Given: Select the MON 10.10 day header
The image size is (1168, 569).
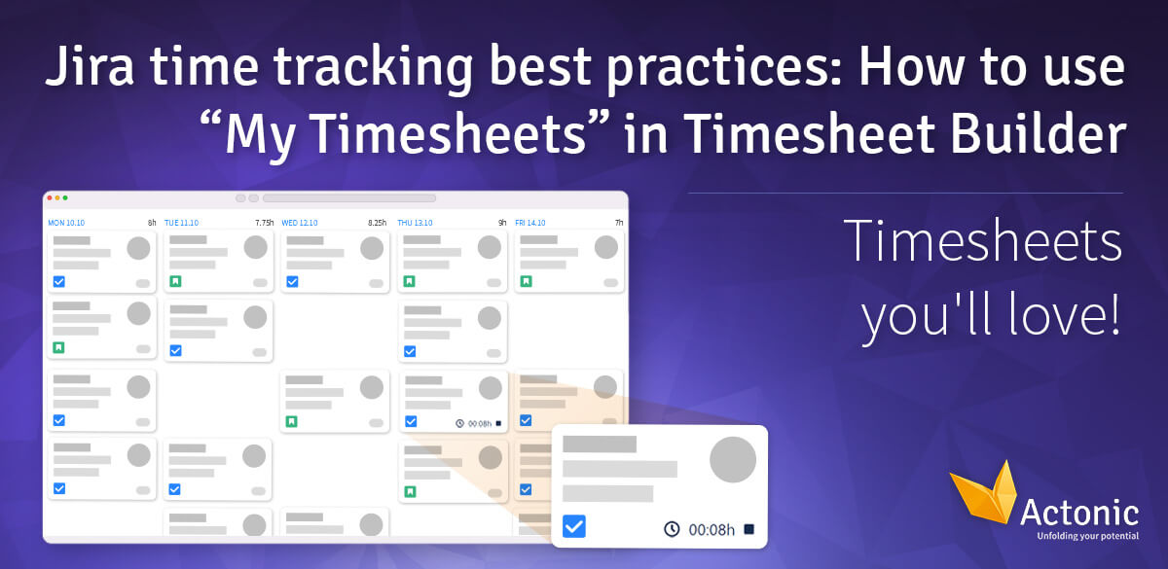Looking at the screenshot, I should pos(66,223).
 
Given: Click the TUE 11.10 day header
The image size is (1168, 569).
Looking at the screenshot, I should pos(181,223).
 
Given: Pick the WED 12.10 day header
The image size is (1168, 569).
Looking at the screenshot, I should pos(299,223).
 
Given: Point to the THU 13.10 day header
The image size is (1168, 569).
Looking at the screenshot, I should pos(415,223).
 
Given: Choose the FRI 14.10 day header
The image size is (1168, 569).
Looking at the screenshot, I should pos(530,223).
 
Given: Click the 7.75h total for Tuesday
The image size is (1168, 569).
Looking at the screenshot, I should pos(265,223).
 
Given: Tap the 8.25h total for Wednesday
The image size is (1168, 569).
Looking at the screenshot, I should pos(379,223).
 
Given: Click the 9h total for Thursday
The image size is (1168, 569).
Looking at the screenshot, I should pos(502,223).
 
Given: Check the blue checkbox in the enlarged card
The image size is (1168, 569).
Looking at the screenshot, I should pos(574,527).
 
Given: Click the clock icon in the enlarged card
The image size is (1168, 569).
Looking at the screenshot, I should pos(672,529).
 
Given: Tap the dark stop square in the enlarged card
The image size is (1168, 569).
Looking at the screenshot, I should pos(748,529).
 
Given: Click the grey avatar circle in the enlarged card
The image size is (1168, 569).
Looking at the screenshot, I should pos(733,460).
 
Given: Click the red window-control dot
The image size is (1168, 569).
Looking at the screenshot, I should pos(50,197).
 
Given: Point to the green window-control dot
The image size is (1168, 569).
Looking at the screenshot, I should pos(65,197).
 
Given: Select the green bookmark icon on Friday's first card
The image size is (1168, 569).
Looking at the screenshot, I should pos(526,281).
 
